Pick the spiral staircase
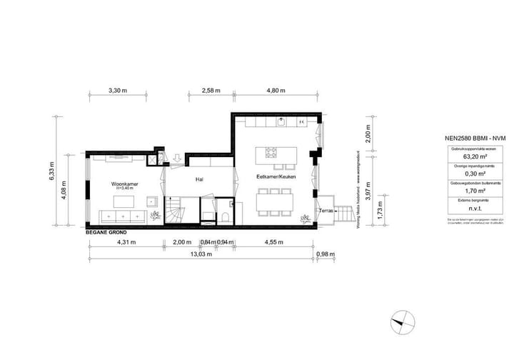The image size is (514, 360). tap(175, 211)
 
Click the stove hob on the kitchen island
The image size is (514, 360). tap(271, 151)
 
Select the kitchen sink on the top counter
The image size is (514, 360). tap(283, 121)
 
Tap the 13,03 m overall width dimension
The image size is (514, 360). tap(200, 254)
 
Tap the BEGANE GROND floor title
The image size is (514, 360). tap(106, 233)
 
